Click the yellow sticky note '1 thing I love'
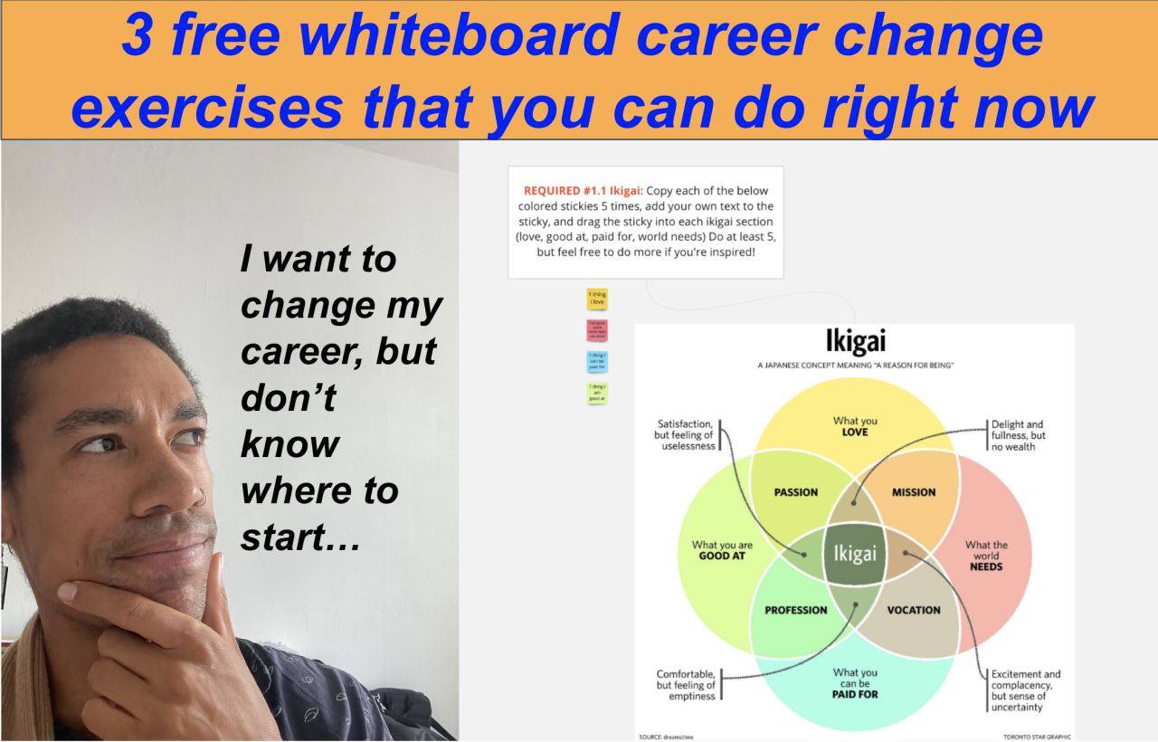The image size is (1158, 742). [596, 300]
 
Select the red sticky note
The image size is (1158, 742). [596, 329]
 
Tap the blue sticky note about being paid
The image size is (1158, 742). [596, 362]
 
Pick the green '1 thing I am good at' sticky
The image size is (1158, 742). [596, 393]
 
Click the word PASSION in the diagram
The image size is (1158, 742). [796, 492]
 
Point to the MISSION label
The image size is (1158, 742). [914, 492]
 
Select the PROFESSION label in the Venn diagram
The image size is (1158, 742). [796, 610]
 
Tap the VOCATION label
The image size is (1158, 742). [914, 610]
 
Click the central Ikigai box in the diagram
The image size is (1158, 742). [855, 553]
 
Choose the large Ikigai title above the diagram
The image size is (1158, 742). [855, 341]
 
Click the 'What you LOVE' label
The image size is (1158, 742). [855, 426]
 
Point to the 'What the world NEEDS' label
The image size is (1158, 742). [986, 556]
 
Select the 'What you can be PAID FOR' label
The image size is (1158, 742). [855, 683]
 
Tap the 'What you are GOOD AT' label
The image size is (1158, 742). [722, 550]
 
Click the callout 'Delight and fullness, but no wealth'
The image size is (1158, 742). [1018, 435]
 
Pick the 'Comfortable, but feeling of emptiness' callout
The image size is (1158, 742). [686, 685]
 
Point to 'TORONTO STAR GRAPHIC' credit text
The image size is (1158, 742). [1036, 737]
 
